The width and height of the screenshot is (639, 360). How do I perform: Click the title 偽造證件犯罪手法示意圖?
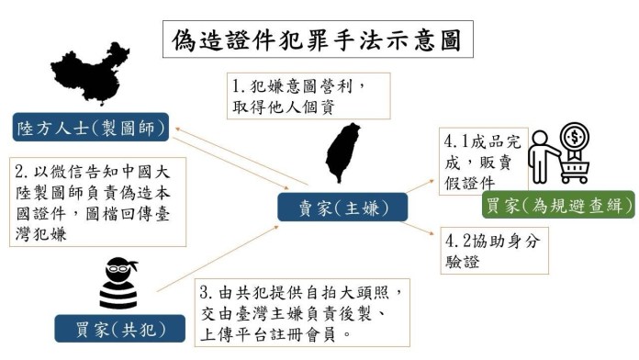318,39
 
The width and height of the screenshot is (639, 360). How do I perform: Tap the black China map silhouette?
91,73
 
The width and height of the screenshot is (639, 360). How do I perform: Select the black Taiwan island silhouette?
342,152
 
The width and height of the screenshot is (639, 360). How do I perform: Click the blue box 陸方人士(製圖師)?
91,128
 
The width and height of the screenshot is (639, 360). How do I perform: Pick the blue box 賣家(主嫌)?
342,208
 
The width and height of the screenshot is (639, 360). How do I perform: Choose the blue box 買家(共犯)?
119,328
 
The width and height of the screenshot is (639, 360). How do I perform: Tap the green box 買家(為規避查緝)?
558,204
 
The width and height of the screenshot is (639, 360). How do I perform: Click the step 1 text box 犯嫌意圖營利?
308,96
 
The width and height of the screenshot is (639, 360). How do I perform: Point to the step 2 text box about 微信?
98,202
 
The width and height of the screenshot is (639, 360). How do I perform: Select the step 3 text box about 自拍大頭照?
302,313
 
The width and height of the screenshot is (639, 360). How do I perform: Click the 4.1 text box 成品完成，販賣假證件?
483,162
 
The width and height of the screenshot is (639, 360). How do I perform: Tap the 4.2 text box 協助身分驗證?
494,251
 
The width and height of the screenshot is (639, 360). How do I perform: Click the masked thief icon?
118,283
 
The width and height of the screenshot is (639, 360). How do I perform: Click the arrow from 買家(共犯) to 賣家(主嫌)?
218,259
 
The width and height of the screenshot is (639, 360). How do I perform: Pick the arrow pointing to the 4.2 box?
418,228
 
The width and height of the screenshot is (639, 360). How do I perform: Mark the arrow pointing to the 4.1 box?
420,186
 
